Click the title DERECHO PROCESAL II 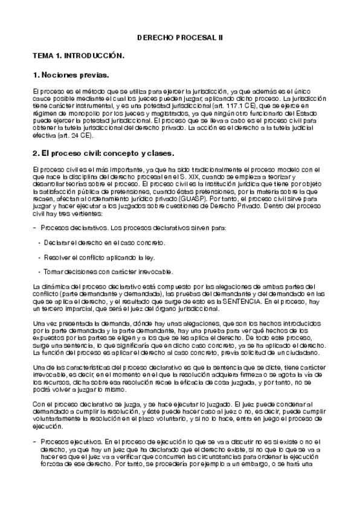point(180,37)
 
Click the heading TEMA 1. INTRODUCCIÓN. point(79,56)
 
